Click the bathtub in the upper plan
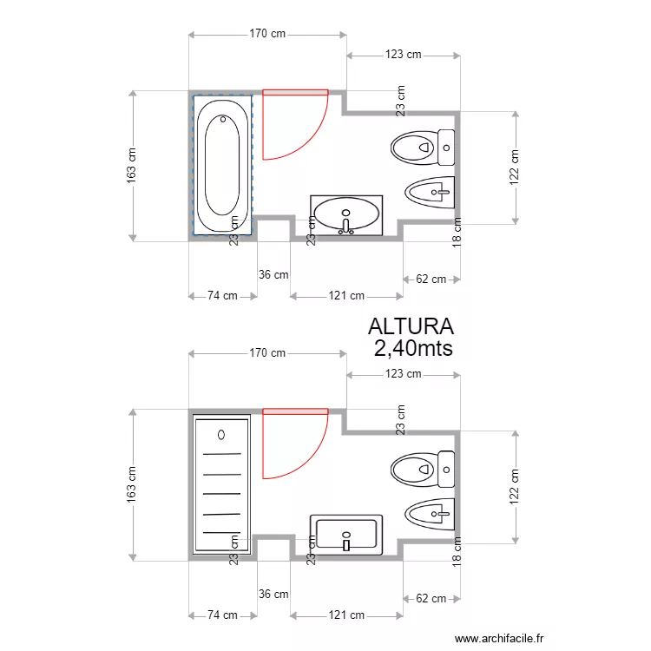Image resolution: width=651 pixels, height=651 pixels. [221, 165]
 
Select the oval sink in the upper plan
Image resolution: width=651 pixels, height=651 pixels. [346, 214]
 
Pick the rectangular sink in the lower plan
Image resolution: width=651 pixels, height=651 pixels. [346, 533]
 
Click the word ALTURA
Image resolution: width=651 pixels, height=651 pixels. [411, 326]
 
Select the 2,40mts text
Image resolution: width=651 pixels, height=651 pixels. [413, 348]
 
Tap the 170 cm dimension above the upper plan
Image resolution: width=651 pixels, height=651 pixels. [267, 35]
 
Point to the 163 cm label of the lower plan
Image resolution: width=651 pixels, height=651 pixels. [132, 484]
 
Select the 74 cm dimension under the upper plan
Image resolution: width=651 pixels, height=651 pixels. [222, 296]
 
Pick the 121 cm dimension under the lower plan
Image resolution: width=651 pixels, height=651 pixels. [346, 615]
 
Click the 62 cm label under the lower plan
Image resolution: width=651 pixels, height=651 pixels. [431, 599]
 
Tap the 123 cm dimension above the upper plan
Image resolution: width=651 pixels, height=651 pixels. [403, 55]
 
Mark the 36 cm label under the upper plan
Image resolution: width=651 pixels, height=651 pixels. [273, 275]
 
